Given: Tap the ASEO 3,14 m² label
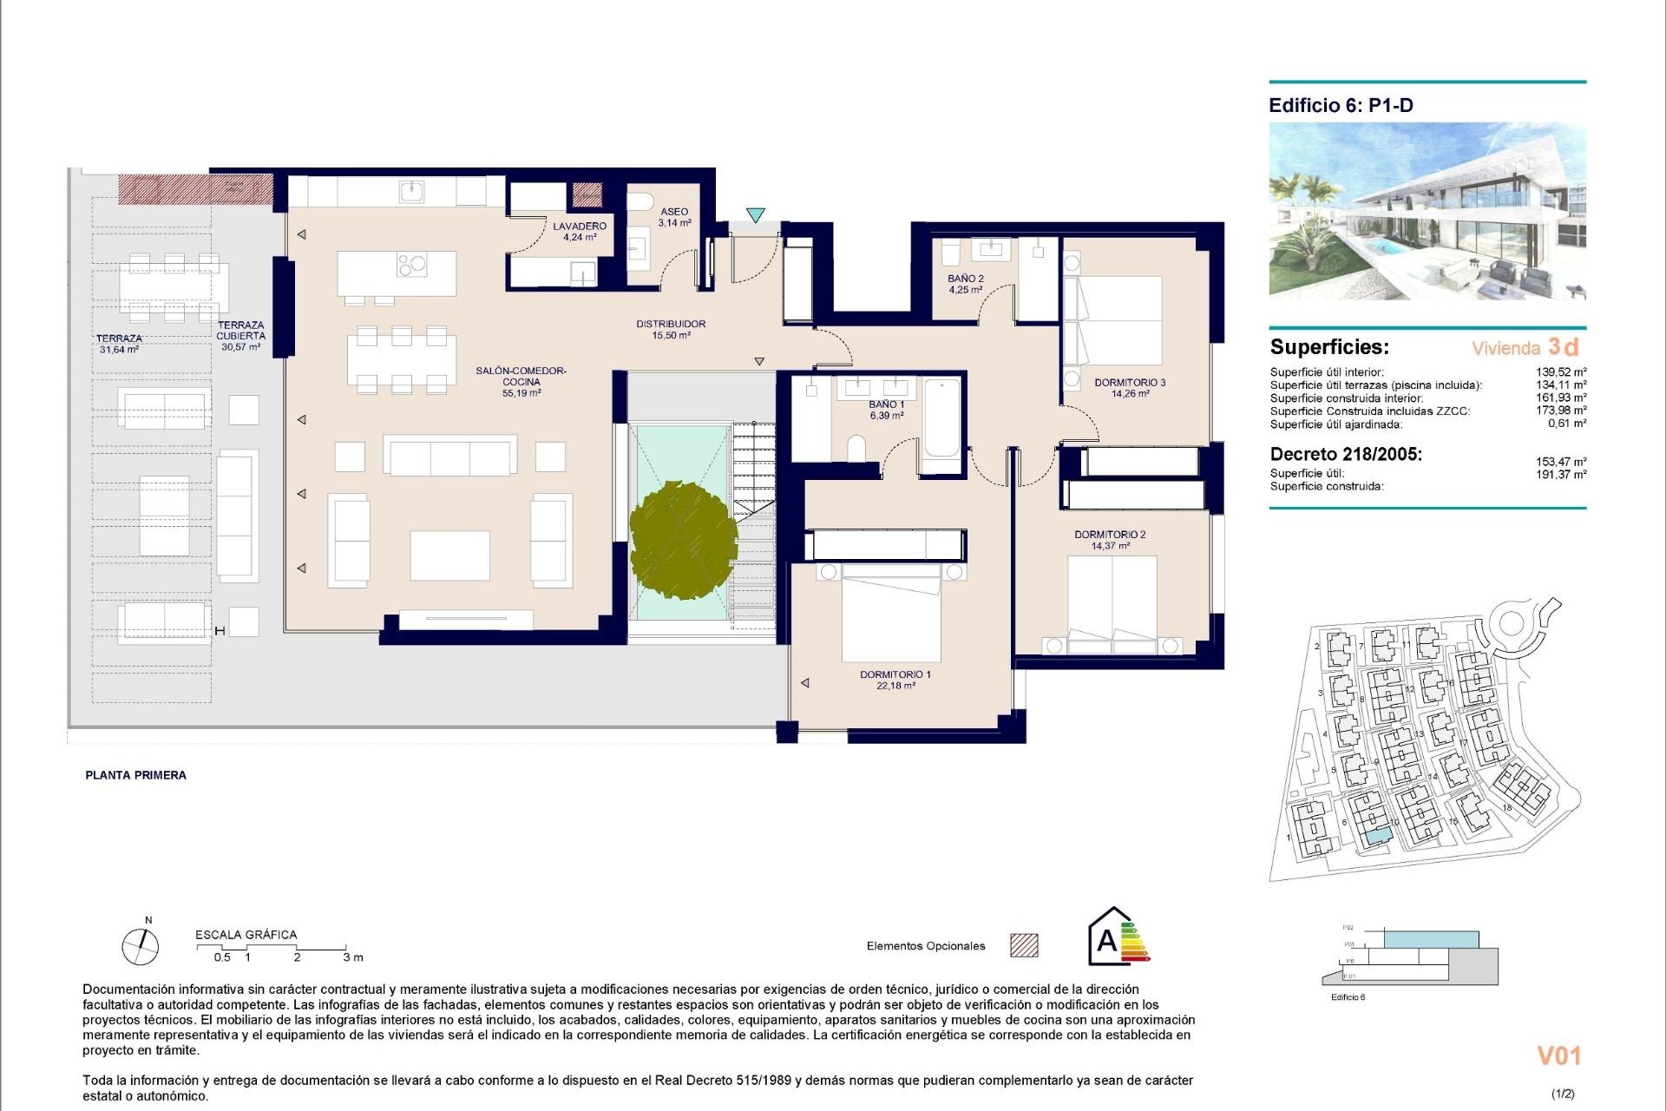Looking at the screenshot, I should pyautogui.click(x=674, y=217).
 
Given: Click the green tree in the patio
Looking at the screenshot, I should pyautogui.click(x=683, y=541).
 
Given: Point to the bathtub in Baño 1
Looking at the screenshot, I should pyautogui.click(x=941, y=418).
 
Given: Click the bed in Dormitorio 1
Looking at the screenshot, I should pyautogui.click(x=891, y=613).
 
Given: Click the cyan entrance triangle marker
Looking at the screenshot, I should pyautogui.click(x=756, y=215).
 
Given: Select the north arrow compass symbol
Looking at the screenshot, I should pyautogui.click(x=141, y=945).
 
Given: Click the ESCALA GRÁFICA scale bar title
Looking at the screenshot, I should pyautogui.click(x=246, y=935).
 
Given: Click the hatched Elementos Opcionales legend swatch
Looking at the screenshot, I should pyautogui.click(x=1024, y=945).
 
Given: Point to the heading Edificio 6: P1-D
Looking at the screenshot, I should pyautogui.click(x=1341, y=106).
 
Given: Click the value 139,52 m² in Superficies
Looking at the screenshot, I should pyautogui.click(x=1561, y=371).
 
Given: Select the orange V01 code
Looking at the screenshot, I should pyautogui.click(x=1558, y=1056).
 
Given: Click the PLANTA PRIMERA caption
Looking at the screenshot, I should pyautogui.click(x=135, y=775).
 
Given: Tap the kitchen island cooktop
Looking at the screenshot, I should pyautogui.click(x=412, y=263).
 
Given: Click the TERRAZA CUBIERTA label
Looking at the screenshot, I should pyautogui.click(x=240, y=336).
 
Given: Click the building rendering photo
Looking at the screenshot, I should pyautogui.click(x=1427, y=211).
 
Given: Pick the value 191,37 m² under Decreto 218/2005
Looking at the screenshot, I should pyautogui.click(x=1561, y=475).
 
